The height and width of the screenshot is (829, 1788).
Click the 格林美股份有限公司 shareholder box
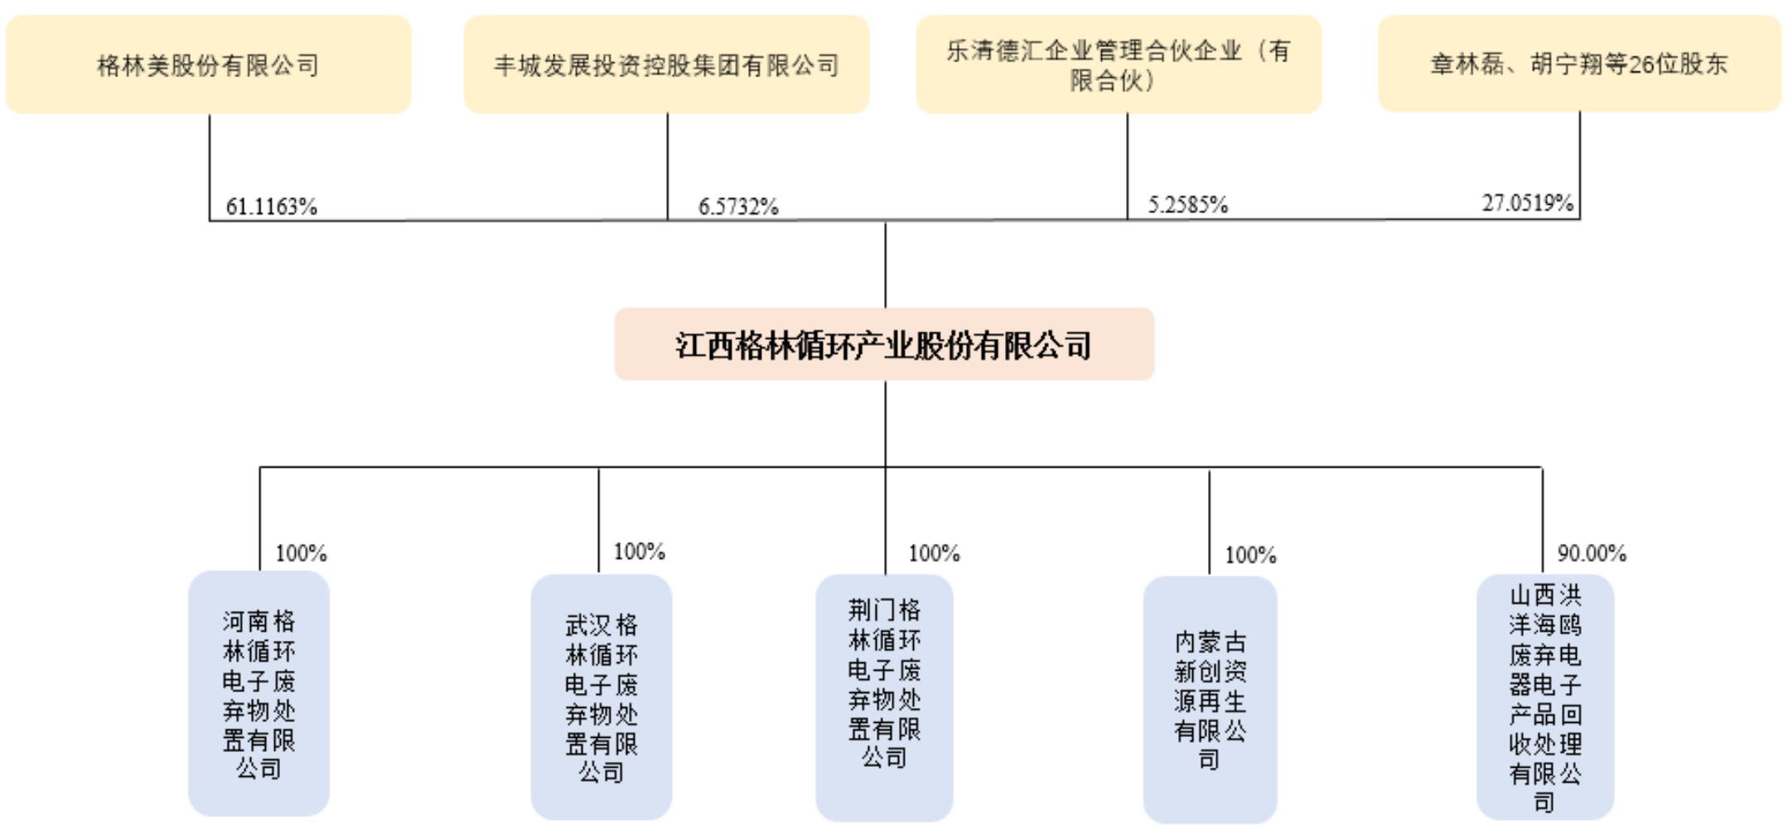coord(208,65)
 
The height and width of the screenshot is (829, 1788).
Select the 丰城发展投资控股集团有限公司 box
coord(666,65)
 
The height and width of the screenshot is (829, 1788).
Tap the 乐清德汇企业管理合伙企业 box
coord(1119,65)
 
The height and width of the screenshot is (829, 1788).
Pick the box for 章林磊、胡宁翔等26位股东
coord(1579,64)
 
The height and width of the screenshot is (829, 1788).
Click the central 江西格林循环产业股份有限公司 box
coord(884,345)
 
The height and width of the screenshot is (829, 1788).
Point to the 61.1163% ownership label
coord(272,206)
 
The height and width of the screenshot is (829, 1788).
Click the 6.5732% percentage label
coord(738,206)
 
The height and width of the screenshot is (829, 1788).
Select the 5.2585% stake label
coord(1187,205)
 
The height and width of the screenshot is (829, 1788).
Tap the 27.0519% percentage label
coord(1527,203)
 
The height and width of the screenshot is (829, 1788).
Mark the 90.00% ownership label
coord(1591,553)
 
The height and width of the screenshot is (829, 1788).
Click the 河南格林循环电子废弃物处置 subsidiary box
coord(259,694)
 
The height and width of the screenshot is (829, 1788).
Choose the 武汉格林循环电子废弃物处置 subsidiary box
coord(601,697)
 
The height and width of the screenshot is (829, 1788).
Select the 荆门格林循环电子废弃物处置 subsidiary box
coord(884,697)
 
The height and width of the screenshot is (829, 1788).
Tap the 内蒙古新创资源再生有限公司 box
coord(1210,699)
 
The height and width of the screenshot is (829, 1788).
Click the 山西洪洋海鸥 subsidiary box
coord(1544,697)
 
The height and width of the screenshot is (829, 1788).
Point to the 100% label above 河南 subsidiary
coord(301,553)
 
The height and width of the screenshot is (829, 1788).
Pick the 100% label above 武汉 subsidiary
coord(639,551)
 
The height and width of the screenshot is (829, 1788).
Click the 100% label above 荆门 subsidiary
coord(934,553)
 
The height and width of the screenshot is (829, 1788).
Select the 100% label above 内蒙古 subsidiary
coord(1250,555)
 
